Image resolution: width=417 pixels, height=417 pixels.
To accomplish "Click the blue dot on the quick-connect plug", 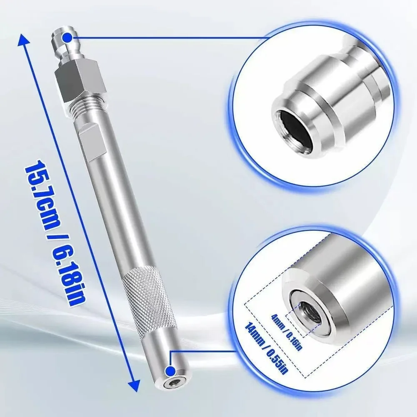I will coord(67,39).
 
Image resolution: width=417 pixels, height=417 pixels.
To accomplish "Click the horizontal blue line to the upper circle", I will coord(167,38).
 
